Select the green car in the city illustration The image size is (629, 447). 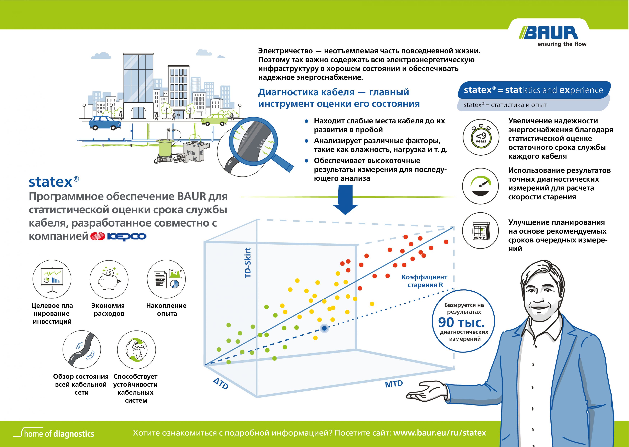point(215,119)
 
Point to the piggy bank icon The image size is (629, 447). point(109,279)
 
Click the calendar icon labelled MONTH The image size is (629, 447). point(480,231)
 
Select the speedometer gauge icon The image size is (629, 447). point(480,186)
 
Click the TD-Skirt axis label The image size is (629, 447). point(248,263)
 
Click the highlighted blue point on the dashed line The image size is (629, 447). point(324,328)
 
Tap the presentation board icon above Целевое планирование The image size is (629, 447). point(52,279)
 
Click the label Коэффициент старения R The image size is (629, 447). point(424,281)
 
